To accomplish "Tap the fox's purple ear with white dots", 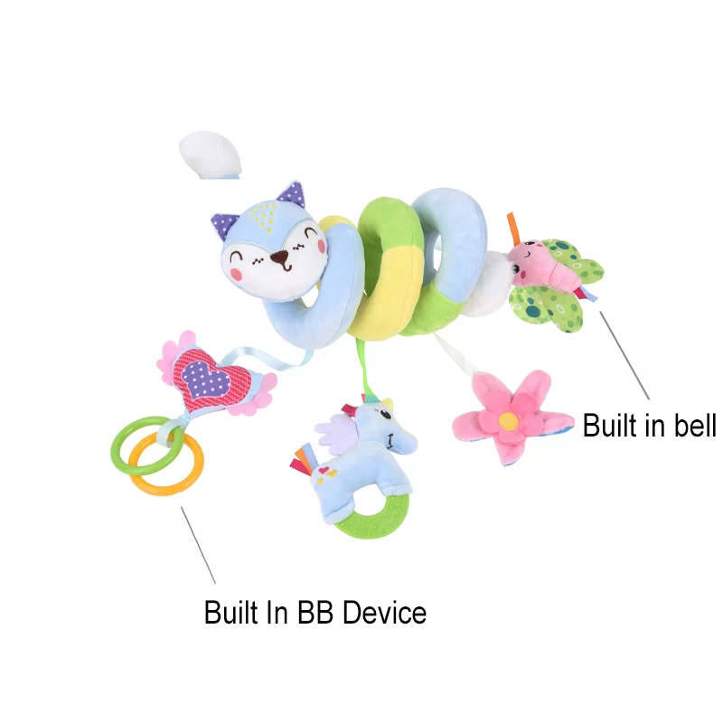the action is (x=290, y=194).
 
